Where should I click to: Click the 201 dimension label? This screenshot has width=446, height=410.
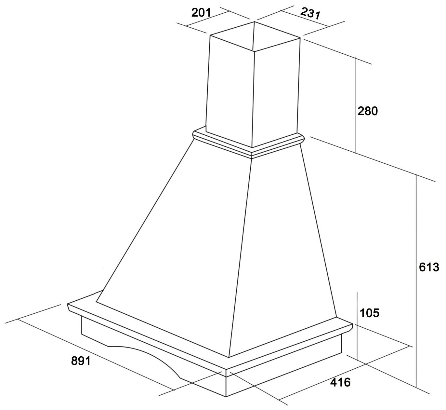pyautogui.click(x=201, y=13)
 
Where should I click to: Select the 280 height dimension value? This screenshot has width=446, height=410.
pyautogui.click(x=368, y=111)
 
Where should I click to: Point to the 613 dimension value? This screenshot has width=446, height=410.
pyautogui.click(x=429, y=267)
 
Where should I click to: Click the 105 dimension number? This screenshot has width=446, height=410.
pyautogui.click(x=370, y=313)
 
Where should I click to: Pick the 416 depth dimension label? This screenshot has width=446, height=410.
pyautogui.click(x=340, y=382)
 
